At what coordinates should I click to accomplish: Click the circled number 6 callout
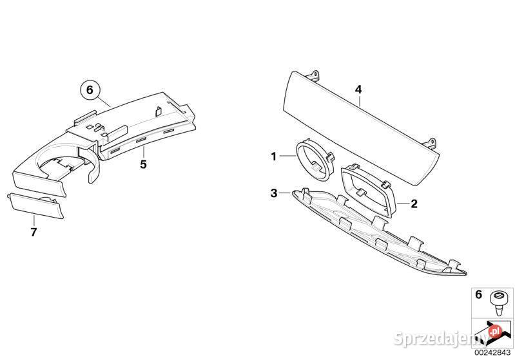pos(90,90)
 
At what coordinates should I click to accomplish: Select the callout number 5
pos(143,164)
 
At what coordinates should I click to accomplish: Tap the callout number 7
pos(34,232)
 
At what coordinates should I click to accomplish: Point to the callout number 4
pos(358,90)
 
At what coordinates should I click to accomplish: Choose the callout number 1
pos(274,156)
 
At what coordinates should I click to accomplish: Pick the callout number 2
pos(414,204)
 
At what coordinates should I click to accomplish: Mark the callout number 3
pos(274,193)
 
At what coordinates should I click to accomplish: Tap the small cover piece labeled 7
pos(35,205)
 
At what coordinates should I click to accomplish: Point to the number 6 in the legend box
pos(478,294)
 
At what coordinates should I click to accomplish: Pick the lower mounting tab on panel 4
pos(431,143)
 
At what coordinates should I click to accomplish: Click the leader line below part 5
pos(143,153)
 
